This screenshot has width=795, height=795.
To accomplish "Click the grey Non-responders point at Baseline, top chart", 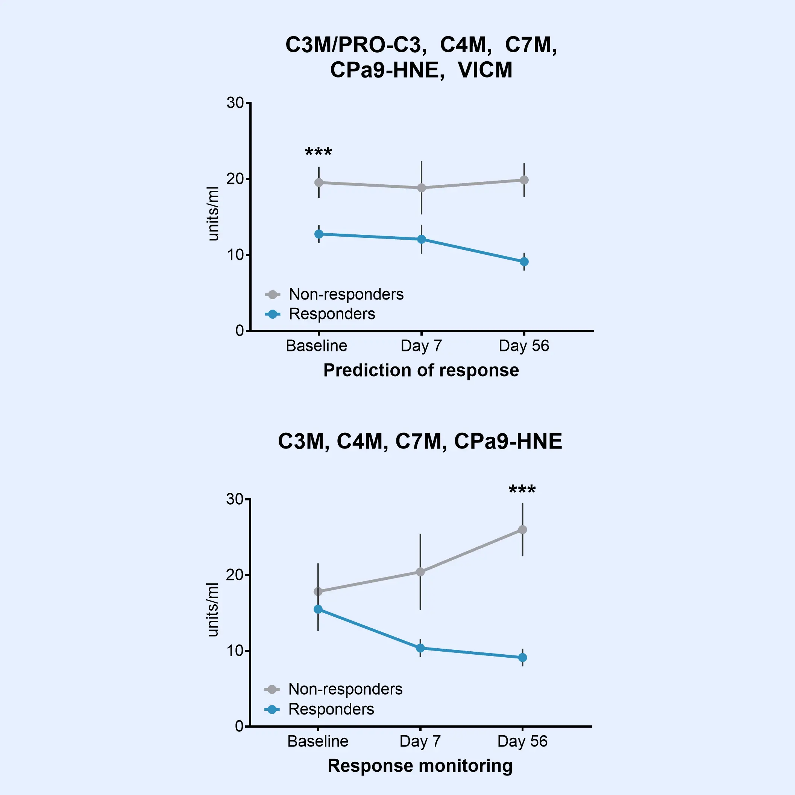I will (x=319, y=182).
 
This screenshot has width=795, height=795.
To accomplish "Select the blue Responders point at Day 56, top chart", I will (x=524, y=262).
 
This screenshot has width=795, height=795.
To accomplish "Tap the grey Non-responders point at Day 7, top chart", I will (x=421, y=188).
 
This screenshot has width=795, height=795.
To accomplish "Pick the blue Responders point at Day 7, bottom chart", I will (x=420, y=648).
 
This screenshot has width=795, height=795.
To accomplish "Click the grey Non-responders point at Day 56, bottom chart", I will (x=523, y=530).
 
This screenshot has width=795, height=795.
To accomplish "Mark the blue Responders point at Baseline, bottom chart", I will (x=318, y=609).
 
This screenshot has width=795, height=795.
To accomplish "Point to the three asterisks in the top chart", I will (x=319, y=152).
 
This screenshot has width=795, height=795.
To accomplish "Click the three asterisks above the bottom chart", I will (x=522, y=490).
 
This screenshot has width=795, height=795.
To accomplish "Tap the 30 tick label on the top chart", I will (x=235, y=103).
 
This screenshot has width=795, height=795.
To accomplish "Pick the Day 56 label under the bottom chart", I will (x=522, y=742).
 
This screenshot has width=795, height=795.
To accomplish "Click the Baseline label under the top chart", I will (x=316, y=346).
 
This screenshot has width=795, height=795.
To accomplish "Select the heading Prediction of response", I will (x=421, y=370).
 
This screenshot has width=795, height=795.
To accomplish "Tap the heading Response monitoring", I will (x=420, y=766).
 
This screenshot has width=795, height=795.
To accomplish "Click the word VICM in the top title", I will (x=485, y=70).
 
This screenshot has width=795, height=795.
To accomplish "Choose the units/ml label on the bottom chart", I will (x=213, y=610).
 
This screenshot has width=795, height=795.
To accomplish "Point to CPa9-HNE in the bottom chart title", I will (x=508, y=441).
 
